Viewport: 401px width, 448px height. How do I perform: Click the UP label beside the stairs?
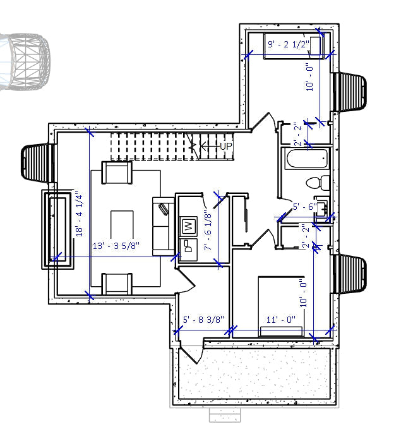(x=226, y=147)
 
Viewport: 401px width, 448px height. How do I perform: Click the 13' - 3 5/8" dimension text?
(x=116, y=245)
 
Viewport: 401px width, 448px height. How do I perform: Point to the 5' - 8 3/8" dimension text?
(x=203, y=320)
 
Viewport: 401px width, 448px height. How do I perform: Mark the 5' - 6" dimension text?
(x=304, y=207)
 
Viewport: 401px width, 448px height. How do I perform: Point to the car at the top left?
(x=24, y=61)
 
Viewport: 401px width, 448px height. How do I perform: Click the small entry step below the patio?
(x=225, y=415)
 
